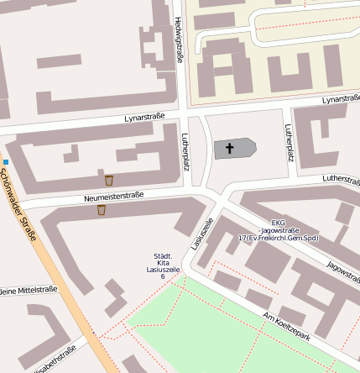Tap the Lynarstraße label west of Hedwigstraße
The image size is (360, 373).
144,118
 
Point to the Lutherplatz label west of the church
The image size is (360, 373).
186,150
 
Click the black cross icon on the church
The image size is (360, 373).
229,148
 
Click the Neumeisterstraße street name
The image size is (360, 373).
114,196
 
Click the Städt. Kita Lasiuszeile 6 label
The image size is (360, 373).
163,265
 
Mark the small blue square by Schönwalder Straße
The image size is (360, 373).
6,161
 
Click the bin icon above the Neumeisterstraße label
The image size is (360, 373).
109,180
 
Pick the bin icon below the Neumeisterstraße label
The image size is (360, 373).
101,210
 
